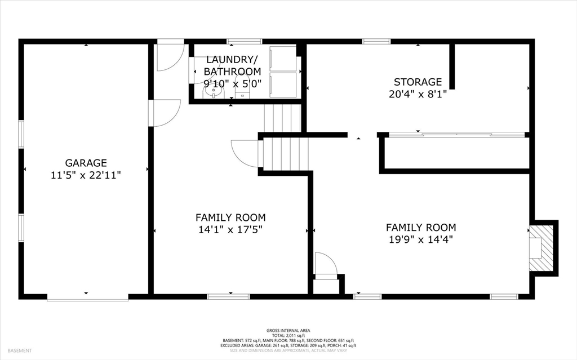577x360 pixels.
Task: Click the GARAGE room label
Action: [86, 163]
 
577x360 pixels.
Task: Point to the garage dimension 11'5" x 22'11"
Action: [86, 175]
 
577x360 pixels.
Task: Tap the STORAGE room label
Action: [418, 82]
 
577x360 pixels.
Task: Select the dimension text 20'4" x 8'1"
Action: [418, 94]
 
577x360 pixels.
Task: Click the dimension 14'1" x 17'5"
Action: [230, 230]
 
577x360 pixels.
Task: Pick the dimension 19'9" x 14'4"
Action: [420, 239]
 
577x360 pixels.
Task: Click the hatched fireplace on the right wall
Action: [541, 248]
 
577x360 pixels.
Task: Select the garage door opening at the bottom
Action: [87, 297]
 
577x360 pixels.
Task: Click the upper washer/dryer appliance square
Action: [283, 59]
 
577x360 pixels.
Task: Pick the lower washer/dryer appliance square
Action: [283, 85]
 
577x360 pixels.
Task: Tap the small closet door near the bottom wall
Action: [326, 264]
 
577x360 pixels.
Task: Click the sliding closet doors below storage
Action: [456, 135]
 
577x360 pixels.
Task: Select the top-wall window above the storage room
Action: [376, 41]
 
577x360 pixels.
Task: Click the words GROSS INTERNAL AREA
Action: [288, 331]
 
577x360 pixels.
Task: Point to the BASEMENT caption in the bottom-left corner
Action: [20, 351]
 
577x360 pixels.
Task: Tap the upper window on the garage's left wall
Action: [21, 134]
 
